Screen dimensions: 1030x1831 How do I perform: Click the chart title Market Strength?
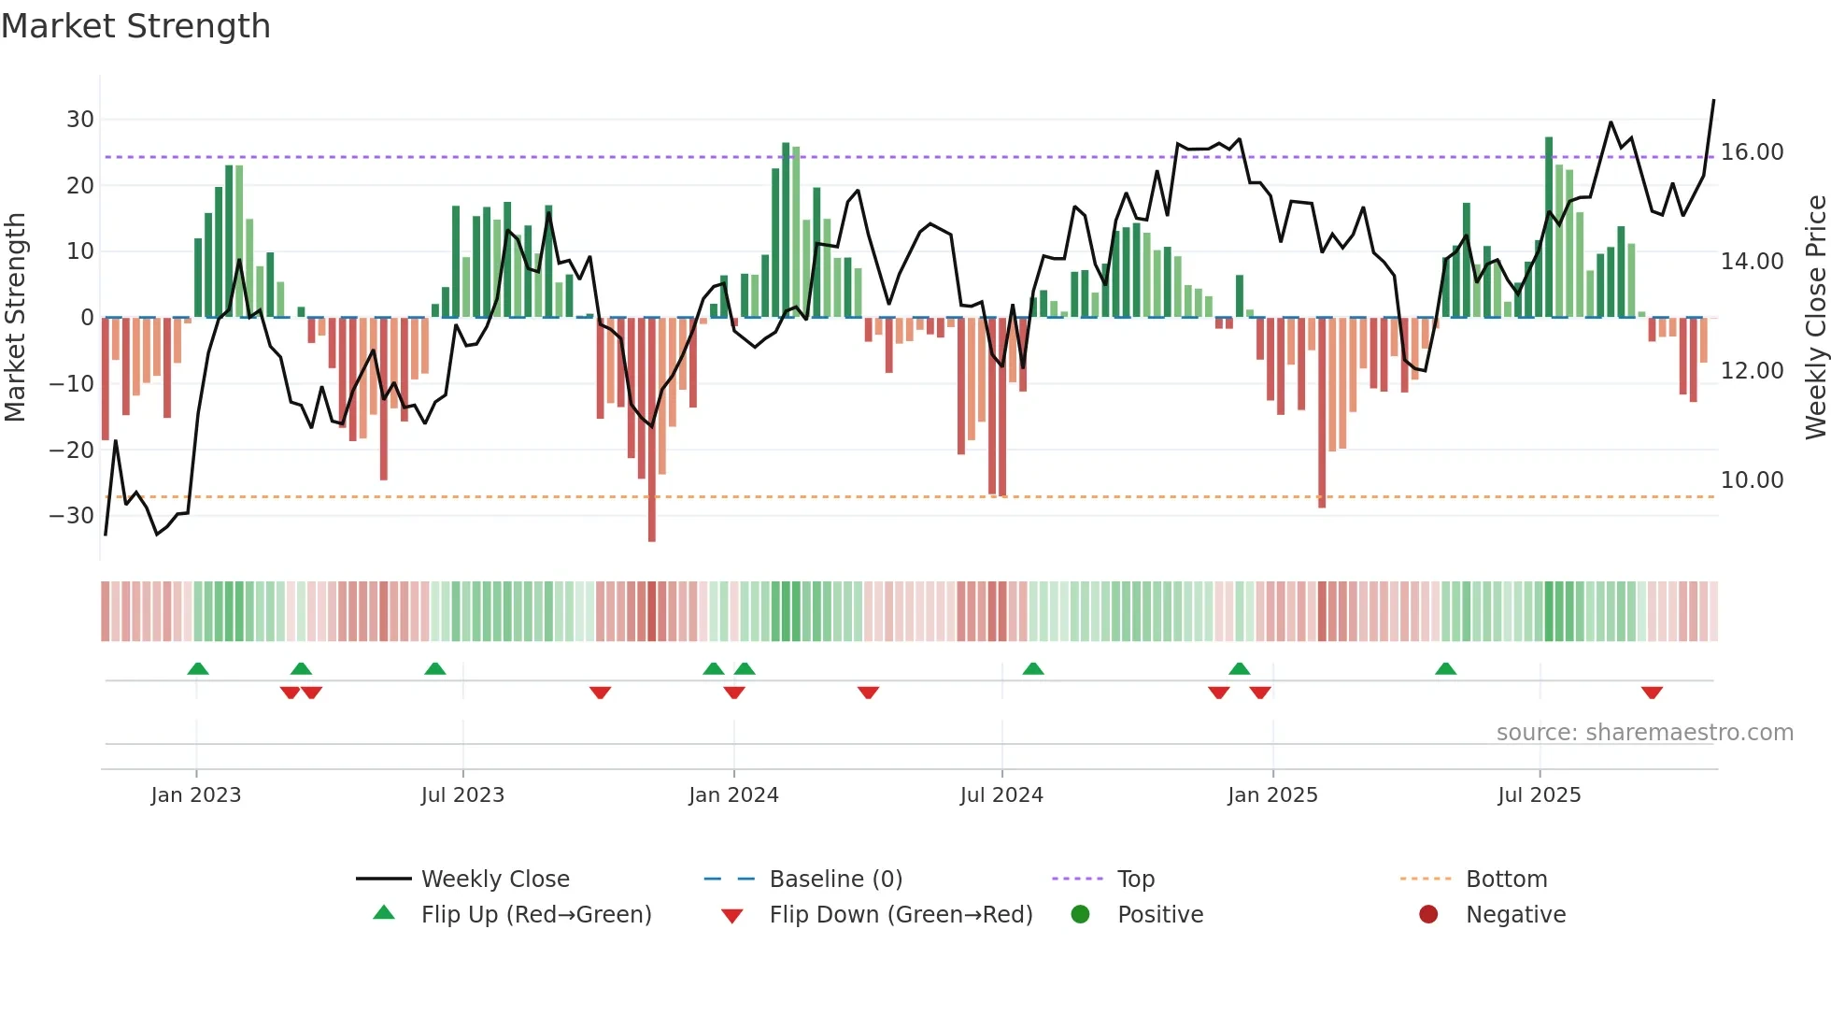point(135,26)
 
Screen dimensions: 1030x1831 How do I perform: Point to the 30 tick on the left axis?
point(80,120)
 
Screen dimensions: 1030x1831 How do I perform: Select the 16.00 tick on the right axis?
point(1752,152)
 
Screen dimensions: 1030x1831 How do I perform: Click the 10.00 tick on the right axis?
point(1752,480)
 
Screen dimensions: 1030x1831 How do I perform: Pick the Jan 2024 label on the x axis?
point(733,795)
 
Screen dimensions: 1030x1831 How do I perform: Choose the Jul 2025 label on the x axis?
point(1539,795)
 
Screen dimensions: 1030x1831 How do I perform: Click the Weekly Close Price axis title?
point(1815,318)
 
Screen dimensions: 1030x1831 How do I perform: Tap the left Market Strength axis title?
point(15,318)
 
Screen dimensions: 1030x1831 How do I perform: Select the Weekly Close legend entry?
point(495,880)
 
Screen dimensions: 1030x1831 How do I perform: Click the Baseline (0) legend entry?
point(835,880)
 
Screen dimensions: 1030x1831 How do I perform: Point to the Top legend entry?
point(1136,880)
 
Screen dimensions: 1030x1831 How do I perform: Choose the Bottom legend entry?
point(1506,880)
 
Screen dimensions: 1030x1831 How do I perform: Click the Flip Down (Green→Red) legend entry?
point(901,915)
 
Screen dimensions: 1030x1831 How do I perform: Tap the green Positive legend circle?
point(1080,915)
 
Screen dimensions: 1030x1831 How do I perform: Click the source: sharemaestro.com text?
point(1644,733)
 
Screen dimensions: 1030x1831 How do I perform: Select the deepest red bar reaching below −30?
point(652,430)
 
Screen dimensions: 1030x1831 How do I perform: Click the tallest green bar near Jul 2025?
point(1549,227)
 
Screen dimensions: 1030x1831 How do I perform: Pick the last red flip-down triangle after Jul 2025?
point(1652,693)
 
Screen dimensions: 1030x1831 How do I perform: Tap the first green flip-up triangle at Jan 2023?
point(198,668)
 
